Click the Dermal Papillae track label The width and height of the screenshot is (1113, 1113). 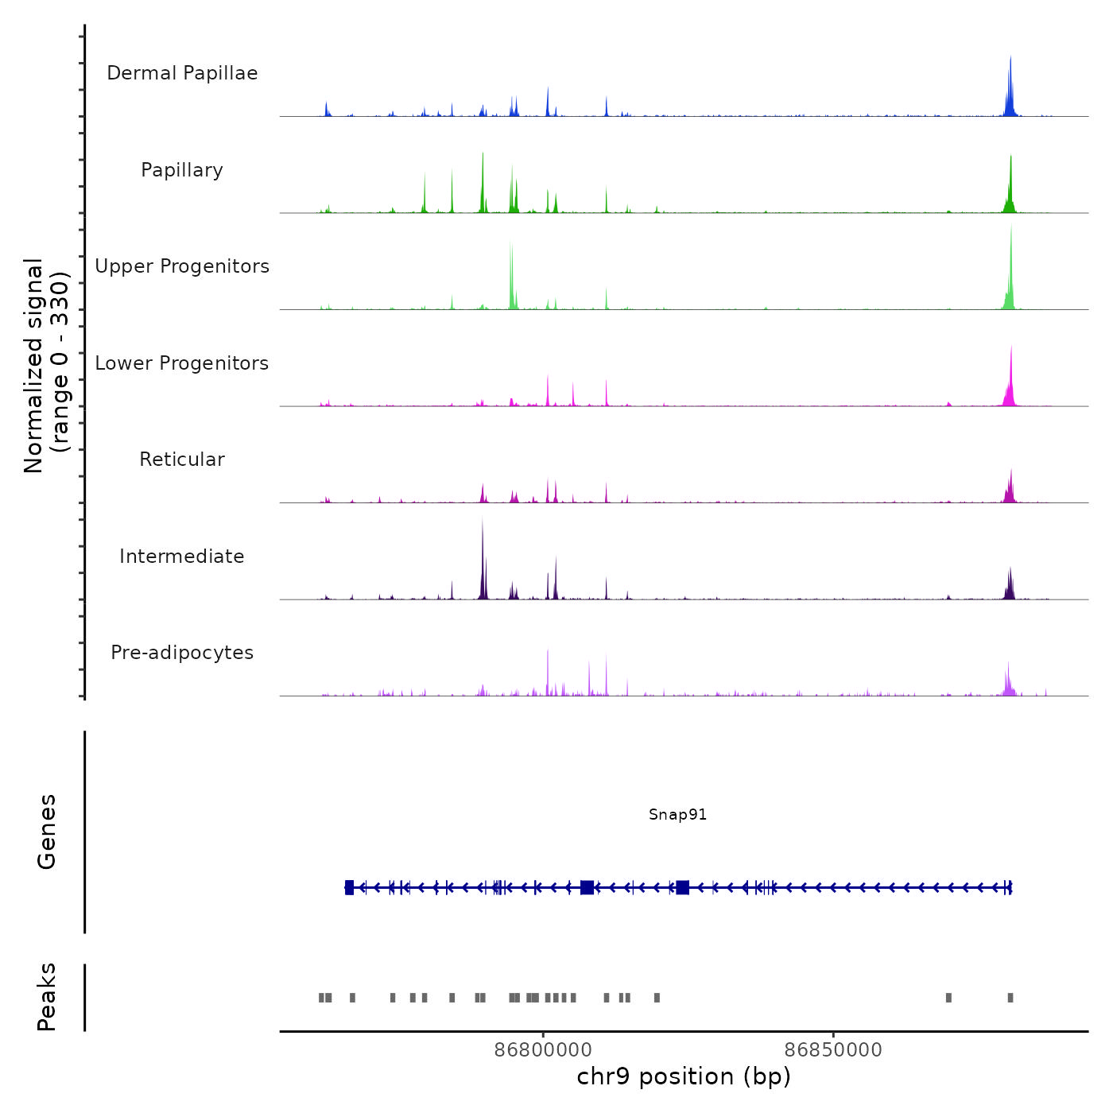click(182, 73)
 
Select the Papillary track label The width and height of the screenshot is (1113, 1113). click(182, 170)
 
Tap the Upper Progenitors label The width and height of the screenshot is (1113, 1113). click(182, 266)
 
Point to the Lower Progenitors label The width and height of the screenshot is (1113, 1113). click(182, 363)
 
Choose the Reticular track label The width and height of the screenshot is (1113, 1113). click(182, 460)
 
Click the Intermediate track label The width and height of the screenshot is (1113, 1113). click(182, 556)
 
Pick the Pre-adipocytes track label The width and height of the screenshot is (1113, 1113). click(182, 653)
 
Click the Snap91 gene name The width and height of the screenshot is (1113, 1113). click(677, 815)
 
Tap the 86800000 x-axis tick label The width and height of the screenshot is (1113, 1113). click(543, 1050)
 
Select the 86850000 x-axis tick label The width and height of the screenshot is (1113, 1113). click(833, 1050)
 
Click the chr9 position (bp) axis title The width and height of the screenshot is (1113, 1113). click(684, 1077)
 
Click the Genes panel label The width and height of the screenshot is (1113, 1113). click(47, 832)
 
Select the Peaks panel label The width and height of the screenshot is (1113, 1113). click(47, 997)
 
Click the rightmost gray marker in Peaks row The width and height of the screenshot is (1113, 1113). click(1010, 998)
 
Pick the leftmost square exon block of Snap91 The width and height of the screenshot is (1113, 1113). click(349, 887)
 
